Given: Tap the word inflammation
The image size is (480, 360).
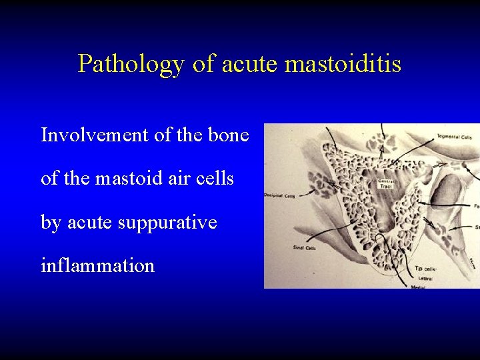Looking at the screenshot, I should point(97,266).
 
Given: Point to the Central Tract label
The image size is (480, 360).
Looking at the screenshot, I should point(386,183).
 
